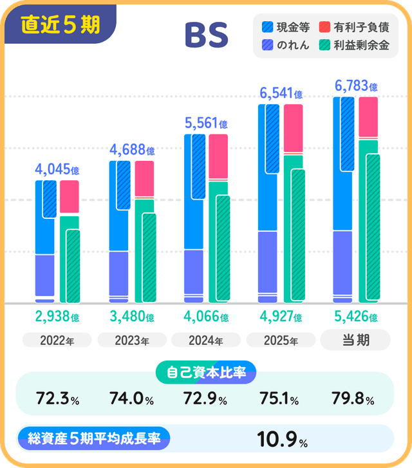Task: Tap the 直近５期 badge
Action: [60, 24]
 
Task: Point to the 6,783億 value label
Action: [356, 86]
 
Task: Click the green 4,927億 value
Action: [281, 317]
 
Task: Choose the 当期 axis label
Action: [355, 340]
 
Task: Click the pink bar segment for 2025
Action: [294, 128]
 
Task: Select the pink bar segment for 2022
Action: [70, 196]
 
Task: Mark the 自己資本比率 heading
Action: [206, 371]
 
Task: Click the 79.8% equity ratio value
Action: [351, 400]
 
